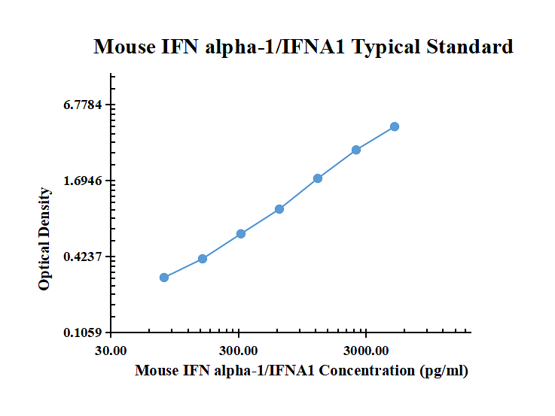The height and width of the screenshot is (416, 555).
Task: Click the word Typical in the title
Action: (388, 47)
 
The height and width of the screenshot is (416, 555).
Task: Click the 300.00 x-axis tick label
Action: (239, 351)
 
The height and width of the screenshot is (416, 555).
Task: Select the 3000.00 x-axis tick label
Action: (366, 351)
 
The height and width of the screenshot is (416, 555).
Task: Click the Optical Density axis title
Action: (45, 239)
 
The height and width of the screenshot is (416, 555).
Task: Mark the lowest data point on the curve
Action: (164, 278)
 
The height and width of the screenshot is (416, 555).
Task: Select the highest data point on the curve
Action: (395, 126)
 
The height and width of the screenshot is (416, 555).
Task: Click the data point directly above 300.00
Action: (240, 234)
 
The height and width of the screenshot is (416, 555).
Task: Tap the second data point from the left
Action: (203, 259)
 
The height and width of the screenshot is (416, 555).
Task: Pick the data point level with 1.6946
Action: (318, 178)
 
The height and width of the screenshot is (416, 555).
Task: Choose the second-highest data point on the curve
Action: (356, 150)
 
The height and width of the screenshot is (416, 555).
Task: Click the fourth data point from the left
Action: (279, 209)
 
